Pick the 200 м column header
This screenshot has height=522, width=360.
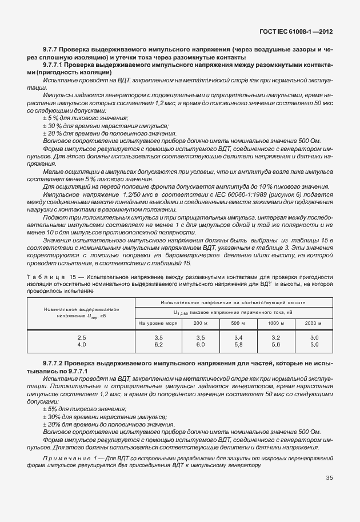tap(200, 323)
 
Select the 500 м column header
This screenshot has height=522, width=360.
tap(238, 323)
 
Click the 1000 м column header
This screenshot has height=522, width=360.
tap(275, 323)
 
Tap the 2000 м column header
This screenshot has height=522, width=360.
tap(314, 323)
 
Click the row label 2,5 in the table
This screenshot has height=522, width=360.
tap(82, 338)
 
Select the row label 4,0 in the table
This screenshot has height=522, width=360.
tap(82, 345)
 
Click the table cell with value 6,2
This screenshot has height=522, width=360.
tap(159, 345)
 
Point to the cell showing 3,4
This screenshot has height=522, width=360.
tap(238, 338)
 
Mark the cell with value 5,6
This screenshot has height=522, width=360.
tap(275, 345)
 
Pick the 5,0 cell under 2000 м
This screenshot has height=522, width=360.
tap(314, 345)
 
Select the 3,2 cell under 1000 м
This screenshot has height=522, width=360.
tap(275, 338)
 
